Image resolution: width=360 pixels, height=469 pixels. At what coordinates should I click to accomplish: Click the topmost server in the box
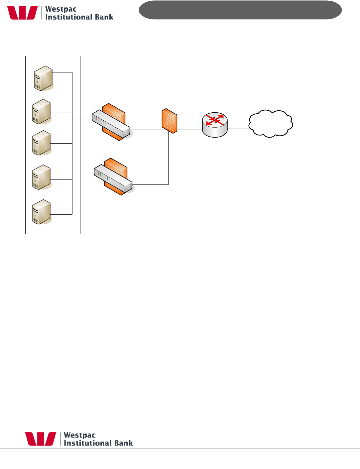(43, 78)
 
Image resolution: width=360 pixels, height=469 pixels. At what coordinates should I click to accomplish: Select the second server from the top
(41, 112)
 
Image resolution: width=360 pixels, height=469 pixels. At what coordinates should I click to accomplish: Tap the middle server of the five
(41, 143)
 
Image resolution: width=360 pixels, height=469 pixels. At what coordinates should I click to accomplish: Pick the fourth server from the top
(41, 177)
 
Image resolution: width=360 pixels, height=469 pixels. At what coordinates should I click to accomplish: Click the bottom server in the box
(41, 212)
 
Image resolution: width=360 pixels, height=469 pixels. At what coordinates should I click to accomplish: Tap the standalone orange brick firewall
(169, 121)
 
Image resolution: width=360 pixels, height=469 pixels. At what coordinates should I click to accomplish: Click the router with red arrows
(215, 125)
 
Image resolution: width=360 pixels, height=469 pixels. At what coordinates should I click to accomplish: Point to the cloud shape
(271, 124)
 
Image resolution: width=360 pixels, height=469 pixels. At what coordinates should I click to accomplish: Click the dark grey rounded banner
(240, 10)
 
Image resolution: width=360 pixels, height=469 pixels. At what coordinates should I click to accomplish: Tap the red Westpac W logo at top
(23, 13)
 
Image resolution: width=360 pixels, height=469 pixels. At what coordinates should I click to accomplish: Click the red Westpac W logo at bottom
(41, 439)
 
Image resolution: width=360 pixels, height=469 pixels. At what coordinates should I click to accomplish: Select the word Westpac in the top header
(61, 9)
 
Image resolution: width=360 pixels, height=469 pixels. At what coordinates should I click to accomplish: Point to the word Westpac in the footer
(80, 435)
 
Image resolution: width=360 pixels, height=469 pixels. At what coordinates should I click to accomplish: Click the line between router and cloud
(238, 129)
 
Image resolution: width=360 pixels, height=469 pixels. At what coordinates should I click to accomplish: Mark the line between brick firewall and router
(189, 130)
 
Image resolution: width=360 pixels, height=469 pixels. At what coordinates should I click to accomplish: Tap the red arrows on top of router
(215, 120)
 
